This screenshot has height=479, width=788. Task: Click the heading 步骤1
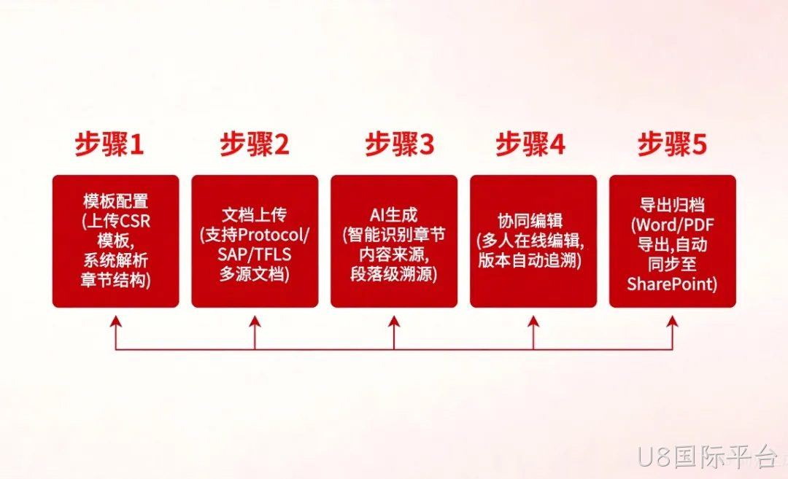tap(109, 144)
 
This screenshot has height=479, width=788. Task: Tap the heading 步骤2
tap(255, 144)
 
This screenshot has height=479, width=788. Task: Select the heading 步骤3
tap(399, 144)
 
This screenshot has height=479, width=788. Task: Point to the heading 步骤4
tap(530, 144)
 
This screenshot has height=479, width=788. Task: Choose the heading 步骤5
tap(673, 144)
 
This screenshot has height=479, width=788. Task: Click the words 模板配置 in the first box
tap(115, 201)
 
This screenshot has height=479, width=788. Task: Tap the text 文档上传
tap(255, 215)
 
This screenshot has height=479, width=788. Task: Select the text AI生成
tap(393, 215)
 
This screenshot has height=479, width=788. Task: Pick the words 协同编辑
tap(530, 221)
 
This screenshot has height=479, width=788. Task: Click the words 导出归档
tap(673, 205)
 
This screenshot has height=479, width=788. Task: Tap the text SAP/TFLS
tap(255, 254)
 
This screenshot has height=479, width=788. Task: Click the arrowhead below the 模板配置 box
tap(116, 322)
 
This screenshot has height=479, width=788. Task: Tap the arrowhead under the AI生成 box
tap(394, 322)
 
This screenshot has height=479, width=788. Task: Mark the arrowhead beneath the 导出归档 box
tap(673, 322)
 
